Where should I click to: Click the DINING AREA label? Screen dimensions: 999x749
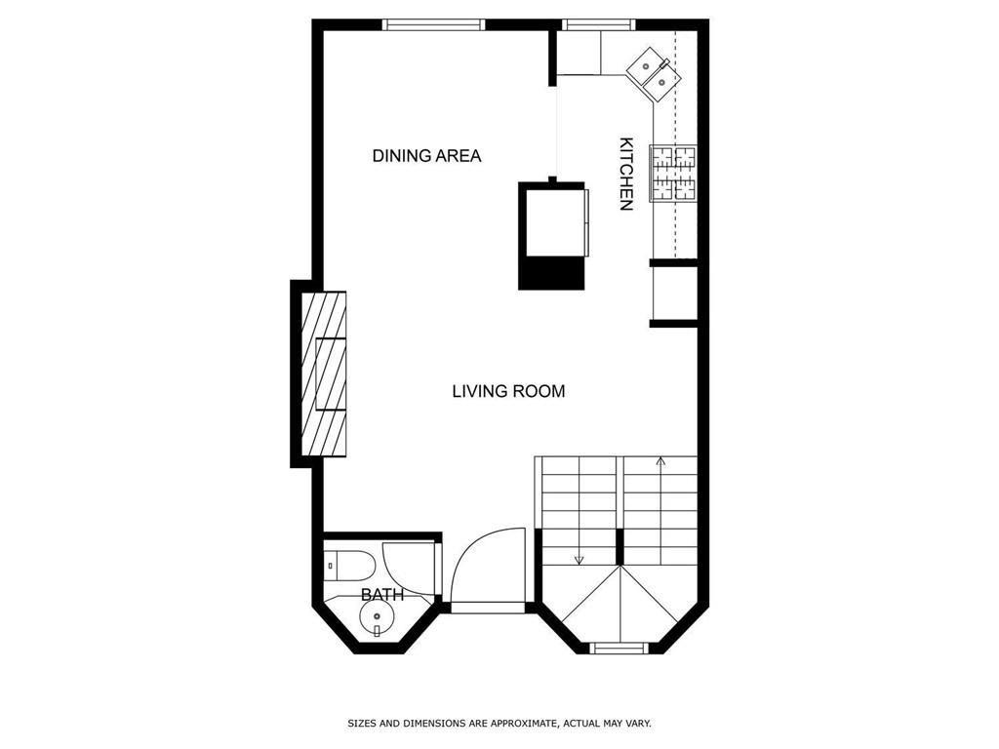click(x=426, y=155)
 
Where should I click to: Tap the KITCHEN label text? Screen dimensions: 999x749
click(x=626, y=174)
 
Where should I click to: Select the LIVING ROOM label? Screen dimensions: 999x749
click(x=508, y=390)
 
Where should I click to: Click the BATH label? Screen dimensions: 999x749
click(x=382, y=595)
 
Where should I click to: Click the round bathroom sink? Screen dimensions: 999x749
click(x=377, y=617)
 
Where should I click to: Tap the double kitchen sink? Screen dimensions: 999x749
click(x=655, y=73)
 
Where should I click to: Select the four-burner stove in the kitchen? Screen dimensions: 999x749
click(x=673, y=174)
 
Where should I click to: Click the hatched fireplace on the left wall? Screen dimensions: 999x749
click(x=324, y=374)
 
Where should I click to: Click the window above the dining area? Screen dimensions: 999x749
click(x=434, y=24)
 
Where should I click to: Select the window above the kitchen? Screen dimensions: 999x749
click(x=599, y=24)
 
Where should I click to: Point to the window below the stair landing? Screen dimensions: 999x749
click(x=619, y=648)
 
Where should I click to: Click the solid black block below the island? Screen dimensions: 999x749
click(x=551, y=273)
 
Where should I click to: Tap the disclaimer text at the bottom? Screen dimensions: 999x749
click(x=499, y=724)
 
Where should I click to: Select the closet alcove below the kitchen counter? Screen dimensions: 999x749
click(x=674, y=294)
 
